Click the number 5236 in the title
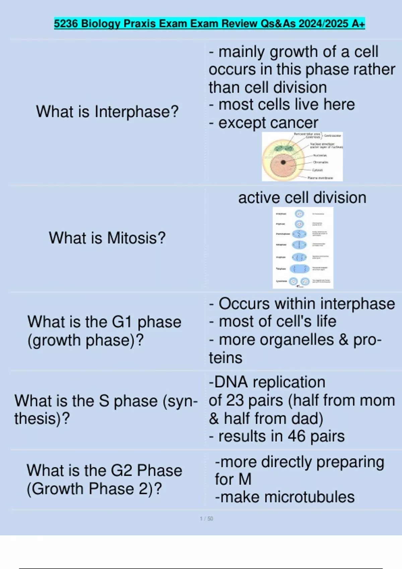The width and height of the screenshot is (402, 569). click(66, 24)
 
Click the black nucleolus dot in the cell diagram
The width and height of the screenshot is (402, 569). click(283, 162)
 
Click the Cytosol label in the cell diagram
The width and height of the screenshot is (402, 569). click(317, 170)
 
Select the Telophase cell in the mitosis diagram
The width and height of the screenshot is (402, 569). click(299, 268)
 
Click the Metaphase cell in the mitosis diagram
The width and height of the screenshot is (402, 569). click(299, 245)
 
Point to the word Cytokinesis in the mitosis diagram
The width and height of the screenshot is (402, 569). click(281, 281)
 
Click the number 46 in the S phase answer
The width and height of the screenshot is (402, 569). click(296, 436)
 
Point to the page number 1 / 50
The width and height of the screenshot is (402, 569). click(206, 518)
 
